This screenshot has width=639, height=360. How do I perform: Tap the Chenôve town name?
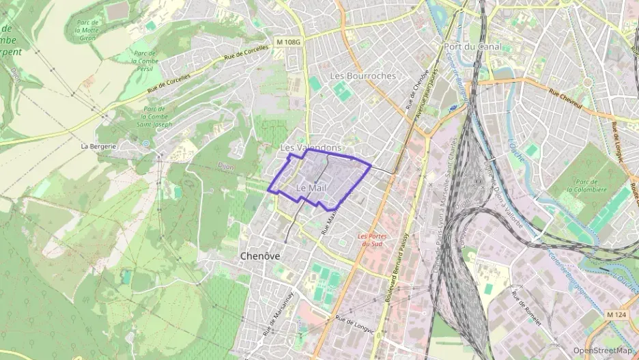tap(262, 255)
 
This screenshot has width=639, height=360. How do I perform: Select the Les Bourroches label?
tap(362, 76)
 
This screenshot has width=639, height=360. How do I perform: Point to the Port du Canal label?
tap(472, 46)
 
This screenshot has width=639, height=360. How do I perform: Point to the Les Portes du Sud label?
tap(373, 240)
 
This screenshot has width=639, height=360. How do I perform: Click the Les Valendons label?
tap(311, 148)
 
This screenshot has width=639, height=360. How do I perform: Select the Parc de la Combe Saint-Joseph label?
tap(155, 117)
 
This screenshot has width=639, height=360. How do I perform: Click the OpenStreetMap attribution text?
tap(602, 350)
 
